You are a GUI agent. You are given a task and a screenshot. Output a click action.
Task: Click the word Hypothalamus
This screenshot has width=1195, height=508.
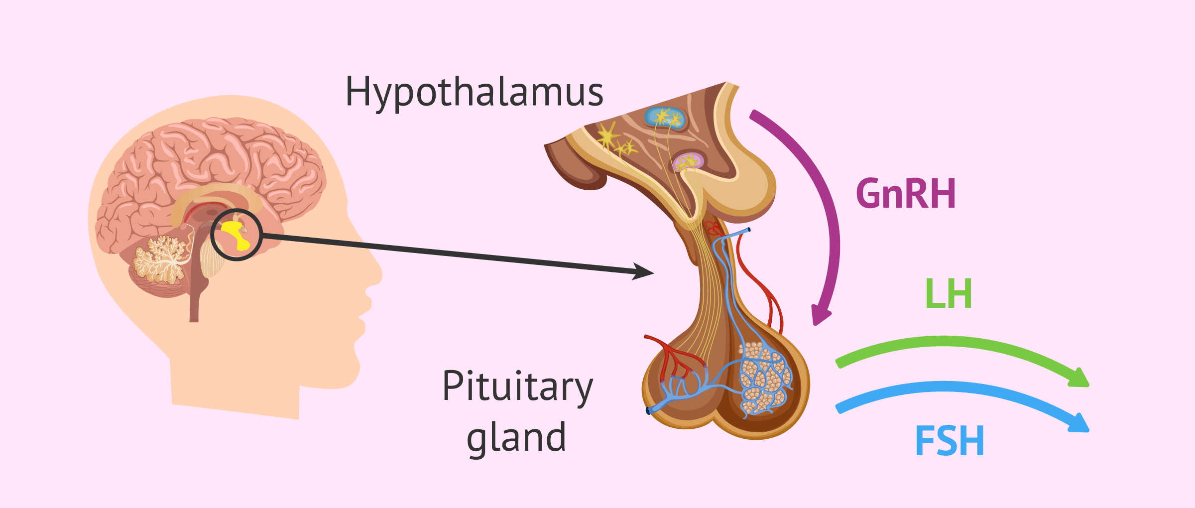pos(474,93)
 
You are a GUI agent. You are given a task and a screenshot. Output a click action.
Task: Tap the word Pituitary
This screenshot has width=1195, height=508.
pos(517,386)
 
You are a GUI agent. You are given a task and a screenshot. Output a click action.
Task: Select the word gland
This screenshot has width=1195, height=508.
pos(516,437)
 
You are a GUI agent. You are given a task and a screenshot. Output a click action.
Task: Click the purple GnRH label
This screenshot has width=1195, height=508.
pos(906,194)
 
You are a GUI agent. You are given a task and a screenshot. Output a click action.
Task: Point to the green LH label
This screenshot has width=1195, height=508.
pos(948,294)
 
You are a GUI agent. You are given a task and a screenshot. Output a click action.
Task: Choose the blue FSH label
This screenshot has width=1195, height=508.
pos(950,441)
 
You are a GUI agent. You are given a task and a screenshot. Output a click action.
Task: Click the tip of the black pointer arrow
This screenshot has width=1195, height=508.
pos(650,273)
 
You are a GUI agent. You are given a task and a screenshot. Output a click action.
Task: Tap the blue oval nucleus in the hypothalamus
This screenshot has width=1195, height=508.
pos(665,118)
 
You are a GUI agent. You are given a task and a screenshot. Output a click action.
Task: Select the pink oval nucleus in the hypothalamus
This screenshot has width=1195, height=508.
pos(688,161)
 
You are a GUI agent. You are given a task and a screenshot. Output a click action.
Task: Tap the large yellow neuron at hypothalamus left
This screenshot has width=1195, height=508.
pos(607,136)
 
